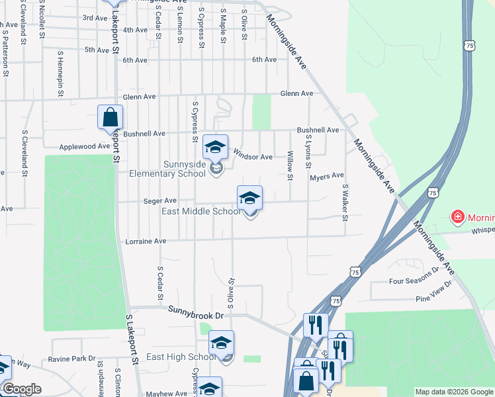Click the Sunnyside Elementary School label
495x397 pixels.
185,169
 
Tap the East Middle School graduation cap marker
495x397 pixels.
249,198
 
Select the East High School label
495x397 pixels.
181,357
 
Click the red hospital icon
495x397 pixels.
457,216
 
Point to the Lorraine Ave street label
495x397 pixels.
146,242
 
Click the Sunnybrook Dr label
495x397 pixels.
197,310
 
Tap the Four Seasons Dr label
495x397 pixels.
414,280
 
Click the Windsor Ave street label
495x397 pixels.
253,157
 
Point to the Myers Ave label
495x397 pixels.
327,176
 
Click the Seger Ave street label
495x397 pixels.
160,200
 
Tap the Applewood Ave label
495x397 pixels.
85,146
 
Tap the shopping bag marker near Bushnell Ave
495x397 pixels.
110,118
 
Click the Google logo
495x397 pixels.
21,389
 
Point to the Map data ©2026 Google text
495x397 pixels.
454,392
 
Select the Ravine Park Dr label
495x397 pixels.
72,359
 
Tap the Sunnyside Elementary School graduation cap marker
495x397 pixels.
215,147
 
